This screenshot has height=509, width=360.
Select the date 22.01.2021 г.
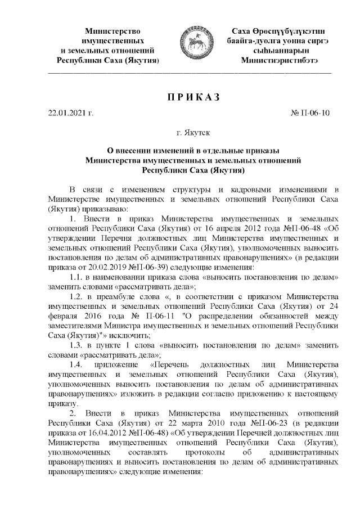click(x=70, y=113)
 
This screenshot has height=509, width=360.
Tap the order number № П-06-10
click(x=310, y=113)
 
